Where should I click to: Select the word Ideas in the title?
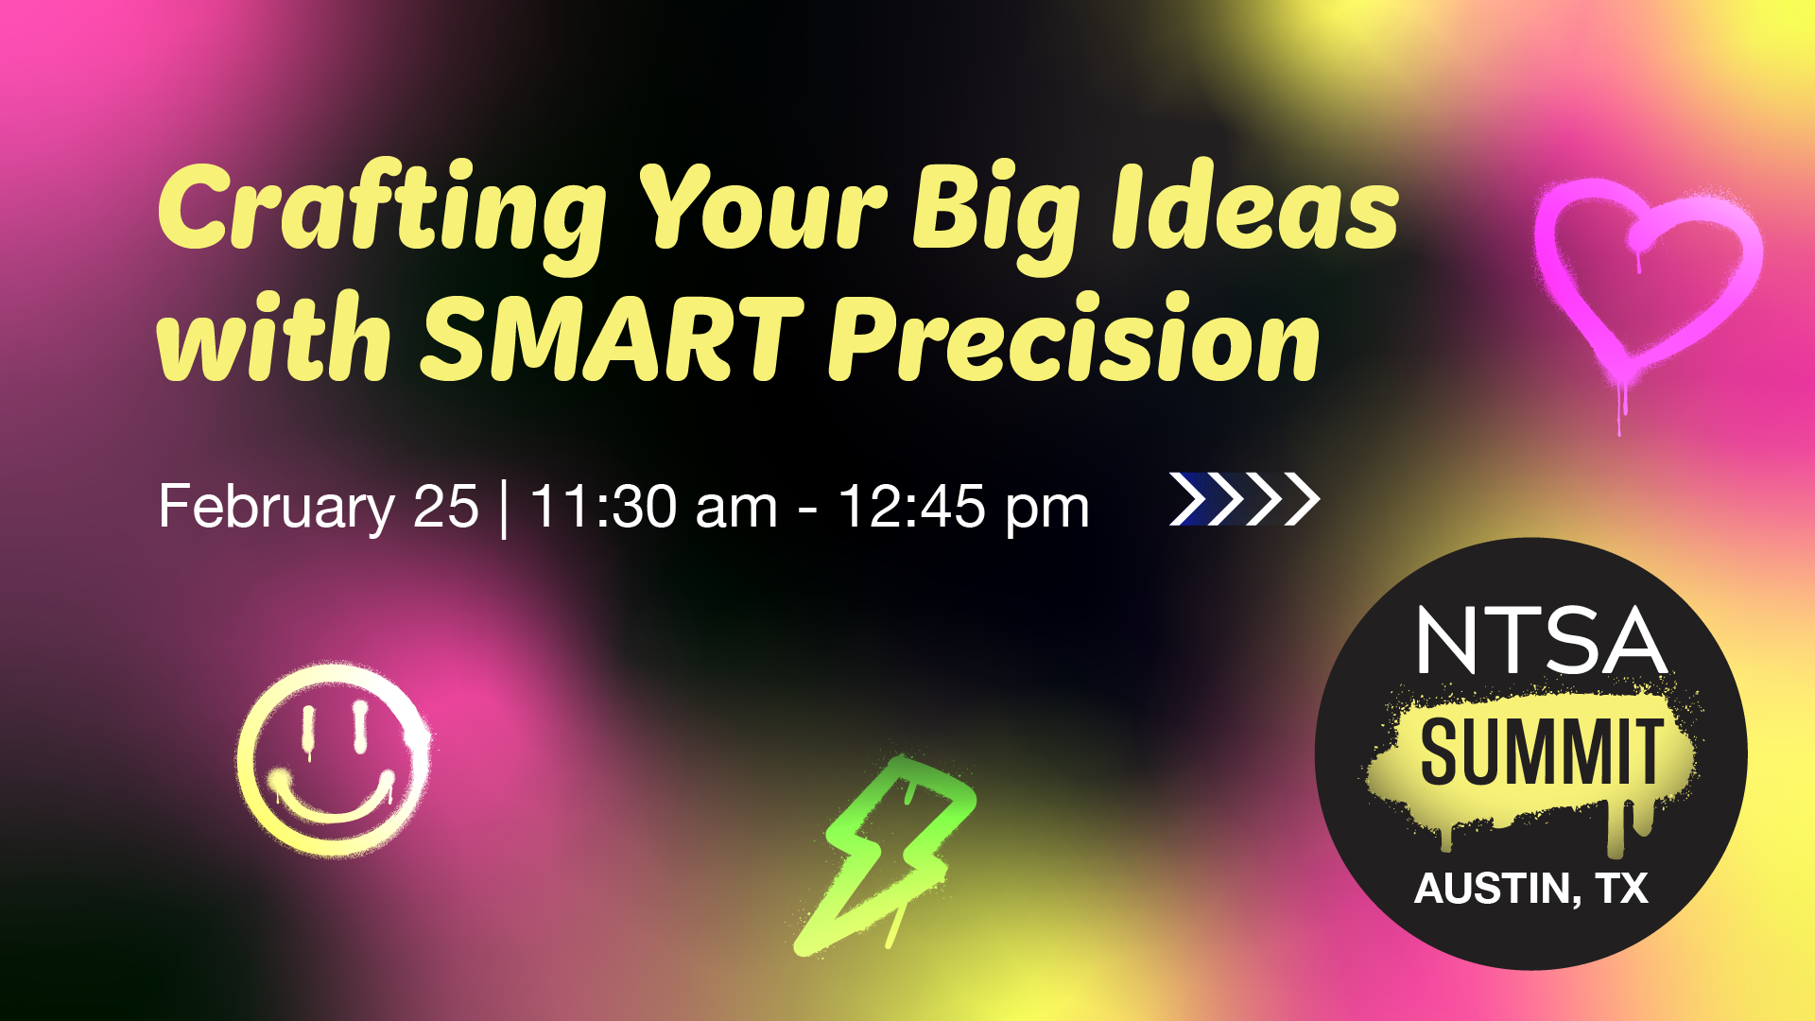coord(1255,207)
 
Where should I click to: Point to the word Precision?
coord(1074,338)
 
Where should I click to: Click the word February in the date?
coord(276,508)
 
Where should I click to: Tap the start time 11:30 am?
coord(653,507)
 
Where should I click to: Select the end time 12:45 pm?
coord(963,509)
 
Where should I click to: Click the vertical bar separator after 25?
coord(504,509)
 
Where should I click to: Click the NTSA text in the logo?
coord(1542,640)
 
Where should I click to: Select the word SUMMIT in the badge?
coord(1542,753)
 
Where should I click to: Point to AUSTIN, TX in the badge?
coord(1531,889)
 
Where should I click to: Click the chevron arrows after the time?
coord(1244,498)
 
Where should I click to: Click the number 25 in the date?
coord(446,508)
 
